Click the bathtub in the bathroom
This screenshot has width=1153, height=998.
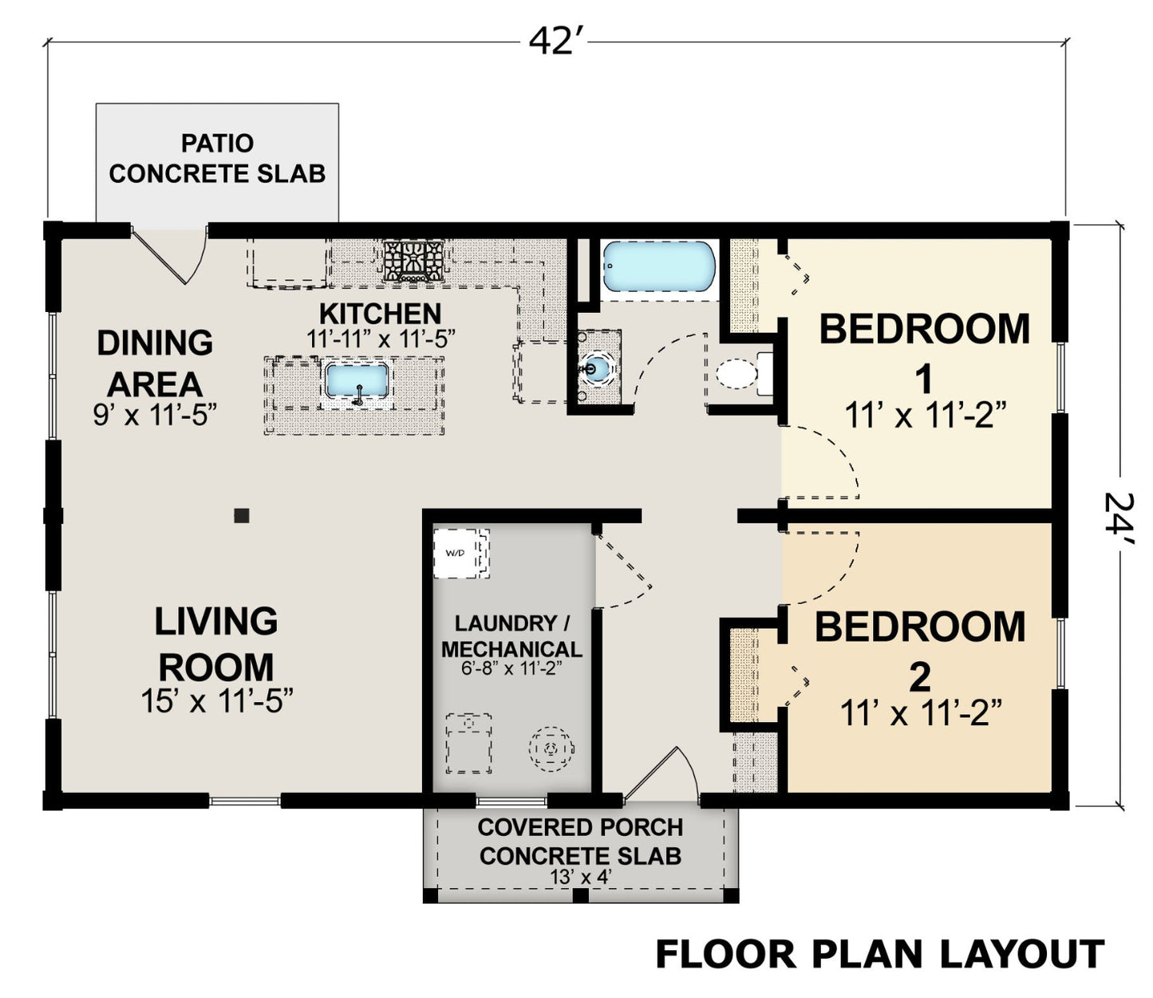click(x=659, y=266)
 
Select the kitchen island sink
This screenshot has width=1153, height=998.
click(x=357, y=381)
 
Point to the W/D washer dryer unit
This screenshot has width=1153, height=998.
click(x=461, y=554)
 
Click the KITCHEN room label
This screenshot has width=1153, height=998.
click(x=380, y=314)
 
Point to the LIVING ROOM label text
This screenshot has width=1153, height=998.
click(x=216, y=644)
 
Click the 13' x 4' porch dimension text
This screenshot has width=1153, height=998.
click(x=581, y=877)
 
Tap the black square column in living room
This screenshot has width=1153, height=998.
click(x=242, y=515)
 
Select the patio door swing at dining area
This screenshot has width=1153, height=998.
click(x=170, y=254)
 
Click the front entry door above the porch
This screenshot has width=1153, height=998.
click(x=661, y=775)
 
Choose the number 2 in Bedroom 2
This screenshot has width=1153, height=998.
click(x=920, y=677)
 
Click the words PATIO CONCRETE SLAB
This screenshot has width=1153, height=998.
click(x=218, y=159)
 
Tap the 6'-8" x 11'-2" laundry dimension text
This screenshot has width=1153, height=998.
click(x=511, y=668)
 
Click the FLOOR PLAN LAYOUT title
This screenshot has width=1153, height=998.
click(x=879, y=954)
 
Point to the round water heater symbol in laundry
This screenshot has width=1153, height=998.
click(x=551, y=748)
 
